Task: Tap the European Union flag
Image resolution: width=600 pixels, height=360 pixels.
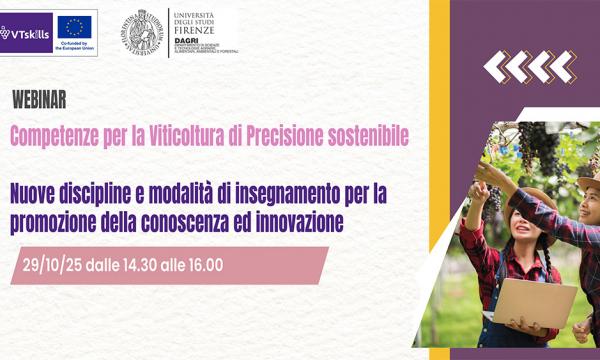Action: click(x=74, y=26)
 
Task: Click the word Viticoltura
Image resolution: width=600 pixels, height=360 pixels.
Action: click(x=186, y=134)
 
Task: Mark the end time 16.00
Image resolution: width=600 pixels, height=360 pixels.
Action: click(x=200, y=265)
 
